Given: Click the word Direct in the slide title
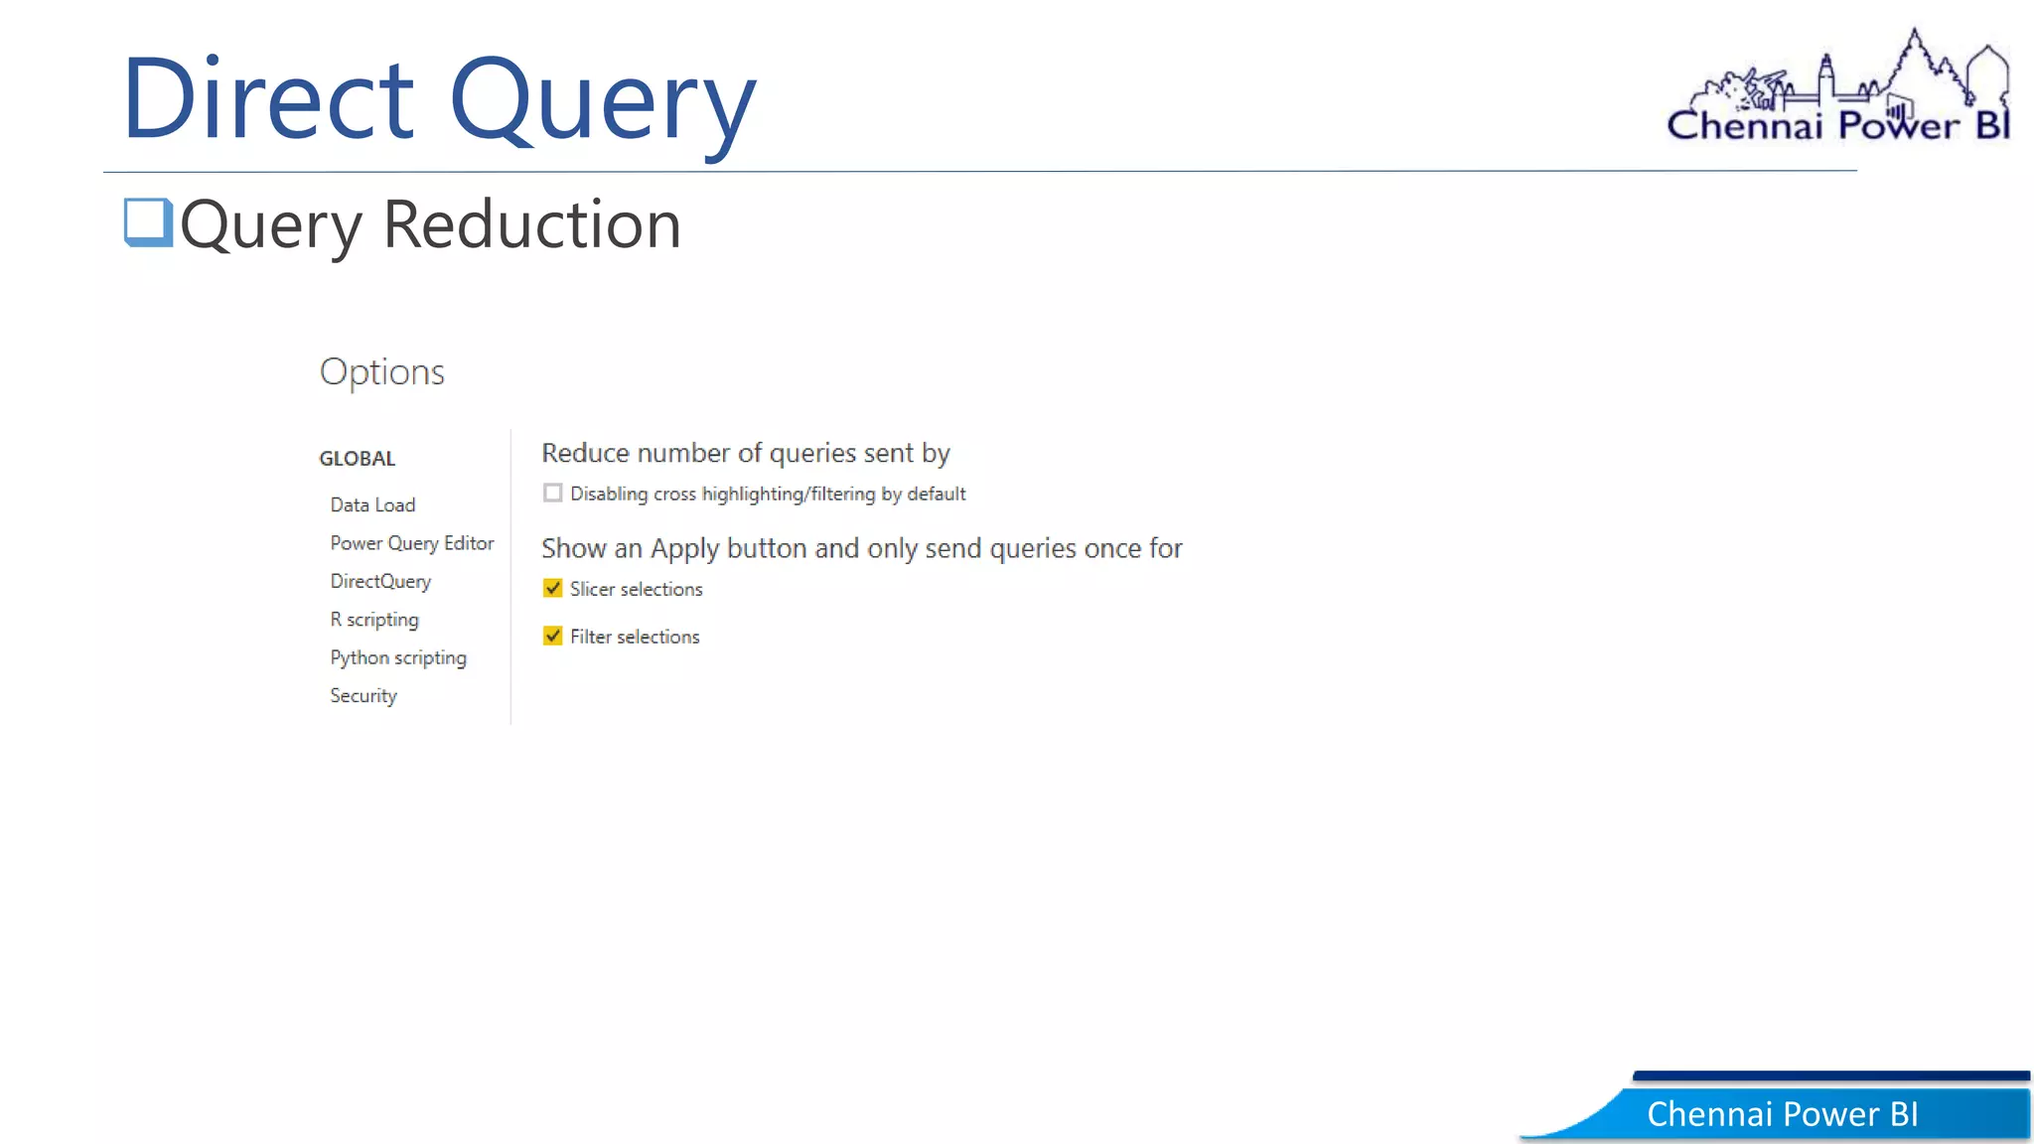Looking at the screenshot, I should [268, 99].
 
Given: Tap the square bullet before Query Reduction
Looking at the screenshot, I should [148, 221].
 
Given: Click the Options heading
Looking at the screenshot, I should [381, 371].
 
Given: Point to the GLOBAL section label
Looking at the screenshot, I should [357, 458].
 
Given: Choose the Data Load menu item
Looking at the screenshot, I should [372, 504].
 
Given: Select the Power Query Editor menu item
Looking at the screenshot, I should [411, 543].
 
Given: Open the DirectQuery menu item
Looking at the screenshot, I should [380, 581].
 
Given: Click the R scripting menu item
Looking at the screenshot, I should [374, 620].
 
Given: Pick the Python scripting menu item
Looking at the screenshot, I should [398, 657].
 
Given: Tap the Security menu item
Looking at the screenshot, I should [363, 695].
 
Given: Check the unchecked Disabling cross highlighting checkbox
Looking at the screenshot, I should [553, 493].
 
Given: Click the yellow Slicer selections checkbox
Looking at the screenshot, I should [553, 588].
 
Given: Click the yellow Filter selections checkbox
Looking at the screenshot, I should [553, 636].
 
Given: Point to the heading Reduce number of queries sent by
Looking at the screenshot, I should [745, 453].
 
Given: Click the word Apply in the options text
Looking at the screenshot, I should [684, 549].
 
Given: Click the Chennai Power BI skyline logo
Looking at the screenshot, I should [1838, 89].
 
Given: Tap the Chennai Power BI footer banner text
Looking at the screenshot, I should [1782, 1114].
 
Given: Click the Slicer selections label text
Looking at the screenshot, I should [636, 589].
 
